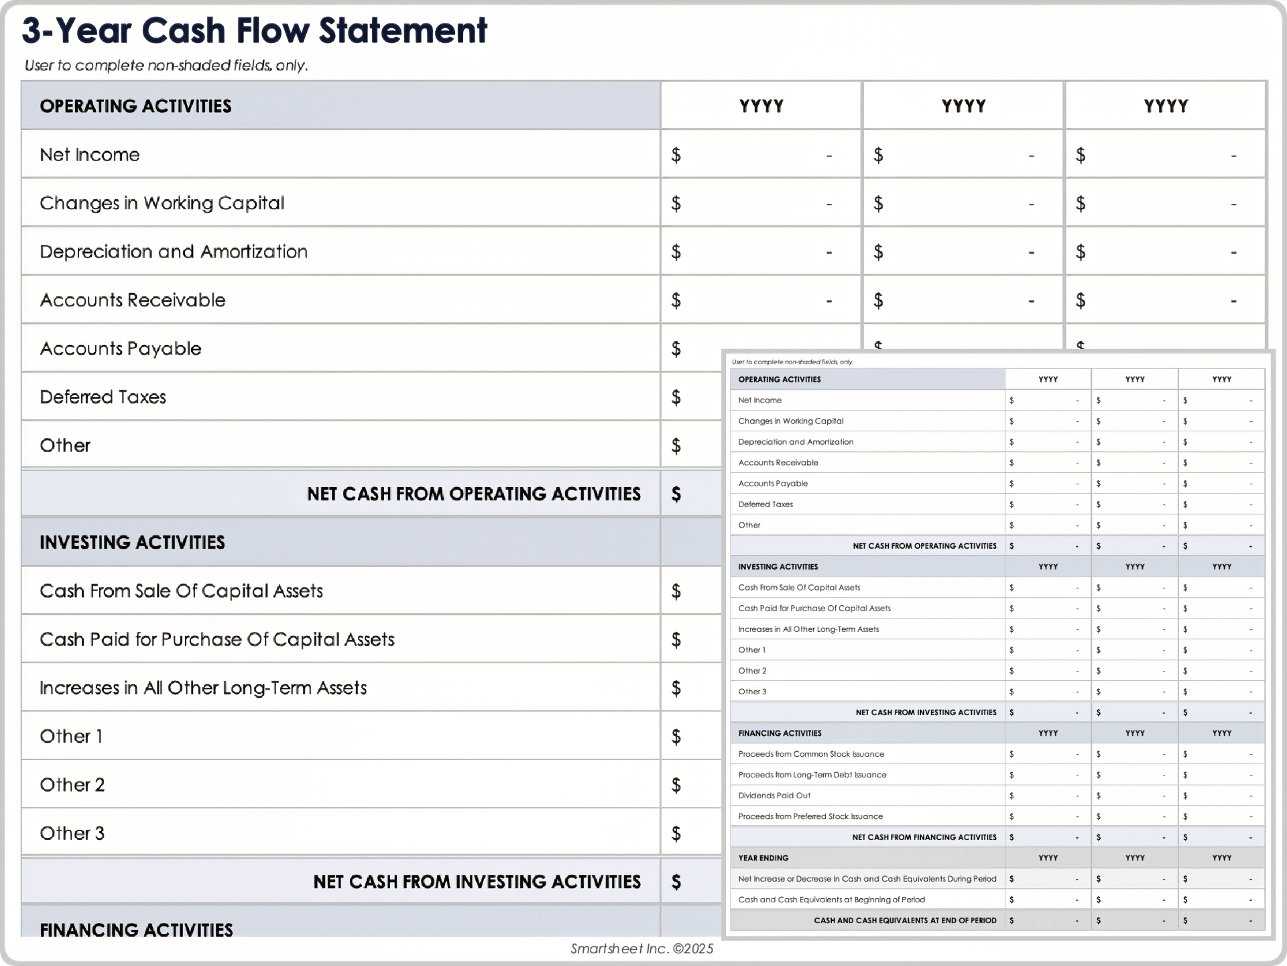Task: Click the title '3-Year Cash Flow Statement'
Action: tap(255, 31)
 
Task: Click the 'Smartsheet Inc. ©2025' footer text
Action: tap(641, 949)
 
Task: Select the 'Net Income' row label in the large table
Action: tap(90, 155)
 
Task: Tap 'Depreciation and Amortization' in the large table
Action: tap(174, 252)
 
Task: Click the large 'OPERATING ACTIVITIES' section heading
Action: tap(135, 106)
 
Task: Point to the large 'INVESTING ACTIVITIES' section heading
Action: tap(132, 542)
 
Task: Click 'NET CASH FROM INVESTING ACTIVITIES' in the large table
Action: tap(477, 881)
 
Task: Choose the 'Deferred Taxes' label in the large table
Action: tap(103, 397)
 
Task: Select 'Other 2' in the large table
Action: tap(72, 785)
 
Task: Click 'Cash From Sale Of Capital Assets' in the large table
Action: tap(181, 591)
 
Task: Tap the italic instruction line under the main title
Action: tap(166, 66)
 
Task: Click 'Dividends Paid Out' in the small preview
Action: tap(774, 796)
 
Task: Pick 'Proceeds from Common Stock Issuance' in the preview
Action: tap(811, 754)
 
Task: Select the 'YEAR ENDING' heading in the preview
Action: tap(763, 858)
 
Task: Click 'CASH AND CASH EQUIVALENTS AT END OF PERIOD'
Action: tap(905, 920)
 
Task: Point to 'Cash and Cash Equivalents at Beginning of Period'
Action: tap(831, 900)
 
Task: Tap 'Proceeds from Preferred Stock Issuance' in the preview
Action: tap(810, 816)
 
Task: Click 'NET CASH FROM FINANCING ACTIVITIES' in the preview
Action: tap(924, 837)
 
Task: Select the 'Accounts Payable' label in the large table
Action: tap(121, 349)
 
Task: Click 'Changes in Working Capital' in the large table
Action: tap(162, 203)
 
